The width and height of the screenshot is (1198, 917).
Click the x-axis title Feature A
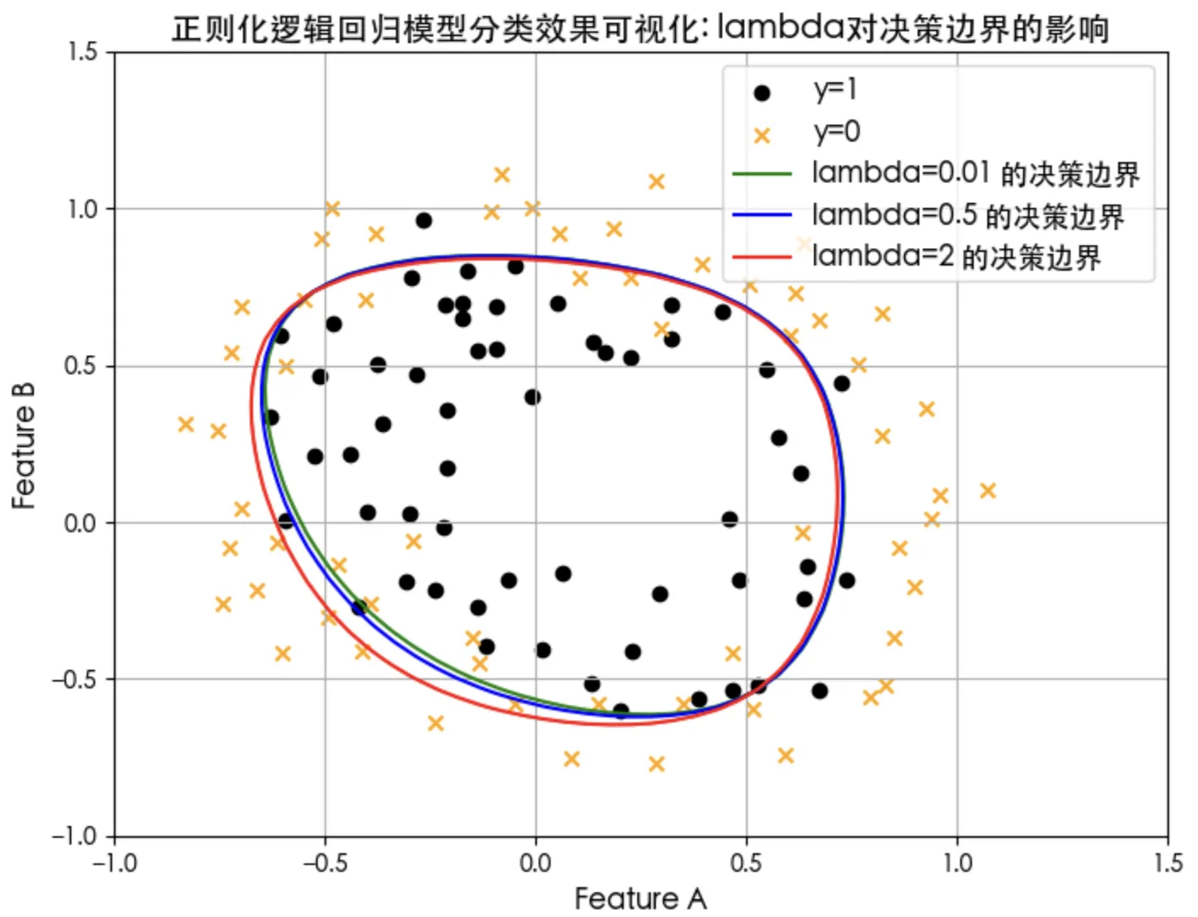click(640, 898)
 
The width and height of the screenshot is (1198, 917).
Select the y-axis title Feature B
click(24, 446)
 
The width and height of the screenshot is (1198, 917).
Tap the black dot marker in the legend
click(761, 93)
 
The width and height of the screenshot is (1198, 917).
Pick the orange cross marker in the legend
click(761, 135)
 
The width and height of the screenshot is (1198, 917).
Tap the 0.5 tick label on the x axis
click(746, 864)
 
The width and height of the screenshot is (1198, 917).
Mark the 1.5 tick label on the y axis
click(83, 52)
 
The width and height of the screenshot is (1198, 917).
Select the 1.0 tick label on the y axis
click(83, 209)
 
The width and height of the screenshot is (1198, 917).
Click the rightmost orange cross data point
click(987, 491)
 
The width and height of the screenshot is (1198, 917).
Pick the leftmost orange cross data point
click(186, 424)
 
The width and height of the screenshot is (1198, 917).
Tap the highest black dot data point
click(423, 221)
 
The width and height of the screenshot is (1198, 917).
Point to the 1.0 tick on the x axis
click(958, 864)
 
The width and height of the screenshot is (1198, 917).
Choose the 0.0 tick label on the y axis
click(82, 523)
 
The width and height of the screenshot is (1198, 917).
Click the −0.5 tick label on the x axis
click(324, 864)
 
